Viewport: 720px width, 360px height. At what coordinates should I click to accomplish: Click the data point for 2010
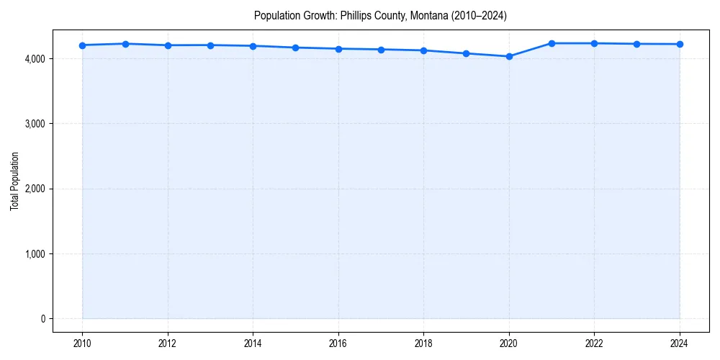click(83, 45)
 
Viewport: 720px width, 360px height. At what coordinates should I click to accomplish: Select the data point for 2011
click(125, 44)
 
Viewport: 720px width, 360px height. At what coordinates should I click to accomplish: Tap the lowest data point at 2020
click(509, 56)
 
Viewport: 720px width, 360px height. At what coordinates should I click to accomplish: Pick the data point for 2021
click(552, 43)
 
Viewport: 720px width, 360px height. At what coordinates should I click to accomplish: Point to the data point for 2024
click(680, 44)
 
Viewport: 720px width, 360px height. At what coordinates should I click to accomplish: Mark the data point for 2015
click(296, 48)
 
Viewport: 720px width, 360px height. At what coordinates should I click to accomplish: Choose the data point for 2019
click(467, 53)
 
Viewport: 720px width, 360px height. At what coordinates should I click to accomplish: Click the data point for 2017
click(381, 50)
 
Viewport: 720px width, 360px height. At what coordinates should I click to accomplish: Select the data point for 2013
click(210, 45)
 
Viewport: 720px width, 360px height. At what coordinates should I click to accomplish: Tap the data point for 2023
click(636, 44)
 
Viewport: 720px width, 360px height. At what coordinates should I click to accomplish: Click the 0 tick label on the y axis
click(42, 319)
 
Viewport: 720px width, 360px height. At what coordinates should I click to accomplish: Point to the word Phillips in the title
click(356, 16)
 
